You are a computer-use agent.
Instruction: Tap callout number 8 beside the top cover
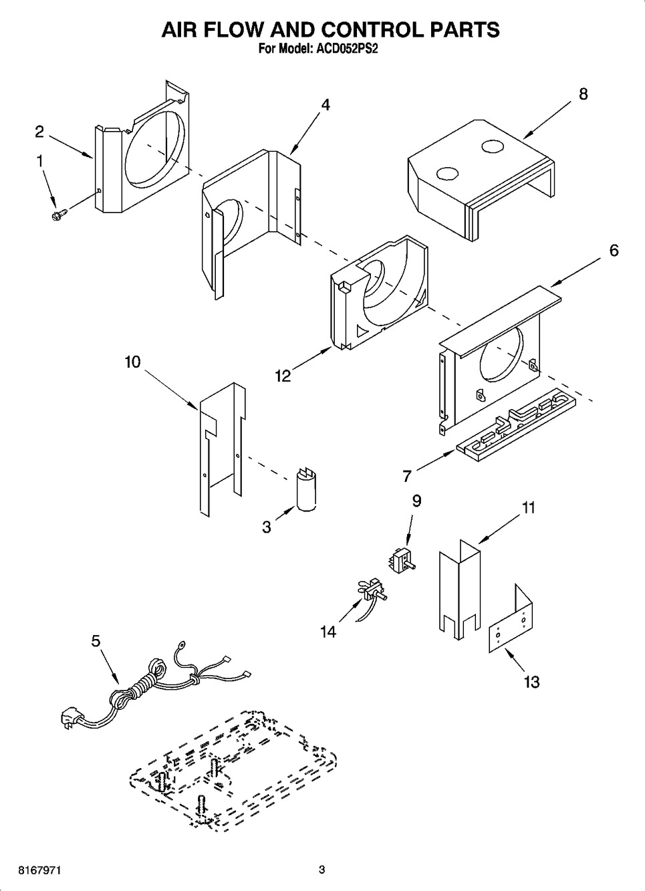pyautogui.click(x=583, y=94)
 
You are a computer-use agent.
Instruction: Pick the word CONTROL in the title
pyautogui.click(x=385, y=29)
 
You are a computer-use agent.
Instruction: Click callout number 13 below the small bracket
pyautogui.click(x=531, y=682)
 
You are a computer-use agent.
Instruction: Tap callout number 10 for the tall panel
pyautogui.click(x=132, y=362)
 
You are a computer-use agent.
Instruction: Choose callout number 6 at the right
pyautogui.click(x=613, y=250)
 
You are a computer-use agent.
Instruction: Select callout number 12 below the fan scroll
pyautogui.click(x=283, y=376)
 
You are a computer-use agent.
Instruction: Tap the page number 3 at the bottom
pyautogui.click(x=321, y=870)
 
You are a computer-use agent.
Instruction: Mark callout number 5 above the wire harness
pyautogui.click(x=96, y=641)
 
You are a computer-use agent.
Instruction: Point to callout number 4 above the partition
pyautogui.click(x=325, y=104)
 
